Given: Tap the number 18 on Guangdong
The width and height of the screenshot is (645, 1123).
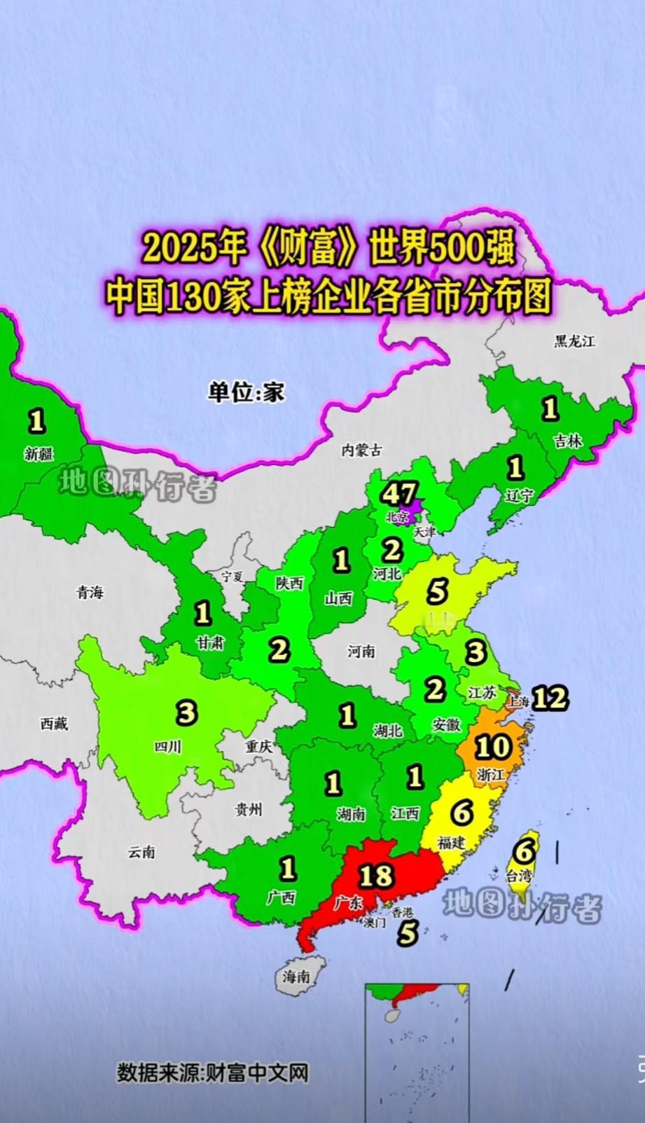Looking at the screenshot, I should (375, 875).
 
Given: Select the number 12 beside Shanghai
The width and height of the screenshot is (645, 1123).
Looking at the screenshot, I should (550, 698).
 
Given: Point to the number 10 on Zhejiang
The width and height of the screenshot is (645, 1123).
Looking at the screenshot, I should (492, 747).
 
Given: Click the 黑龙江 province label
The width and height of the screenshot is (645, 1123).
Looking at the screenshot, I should (574, 341).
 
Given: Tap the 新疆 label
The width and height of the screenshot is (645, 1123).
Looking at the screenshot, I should (39, 454).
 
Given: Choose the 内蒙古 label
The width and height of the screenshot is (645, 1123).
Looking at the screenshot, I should (361, 450).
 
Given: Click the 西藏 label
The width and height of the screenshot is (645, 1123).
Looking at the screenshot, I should (53, 724).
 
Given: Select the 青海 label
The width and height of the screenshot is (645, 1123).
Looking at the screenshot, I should (90, 593).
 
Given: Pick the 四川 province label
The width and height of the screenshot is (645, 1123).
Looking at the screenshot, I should (167, 747).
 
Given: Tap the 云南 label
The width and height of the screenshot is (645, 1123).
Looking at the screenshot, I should (141, 852).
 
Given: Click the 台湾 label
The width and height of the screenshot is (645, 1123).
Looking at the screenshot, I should (519, 875).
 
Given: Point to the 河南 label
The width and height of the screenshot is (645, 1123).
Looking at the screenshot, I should (361, 652).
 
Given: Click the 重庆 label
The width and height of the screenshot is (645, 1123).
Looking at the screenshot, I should (258, 747).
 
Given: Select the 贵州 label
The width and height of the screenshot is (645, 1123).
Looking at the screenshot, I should (248, 810).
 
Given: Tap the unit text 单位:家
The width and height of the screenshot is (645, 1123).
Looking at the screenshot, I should (246, 392).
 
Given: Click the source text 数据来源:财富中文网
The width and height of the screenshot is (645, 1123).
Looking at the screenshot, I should (212, 1073).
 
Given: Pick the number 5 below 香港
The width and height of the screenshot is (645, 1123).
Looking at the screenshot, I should (408, 933).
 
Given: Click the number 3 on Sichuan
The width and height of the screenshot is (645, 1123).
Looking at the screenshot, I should (186, 713).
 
